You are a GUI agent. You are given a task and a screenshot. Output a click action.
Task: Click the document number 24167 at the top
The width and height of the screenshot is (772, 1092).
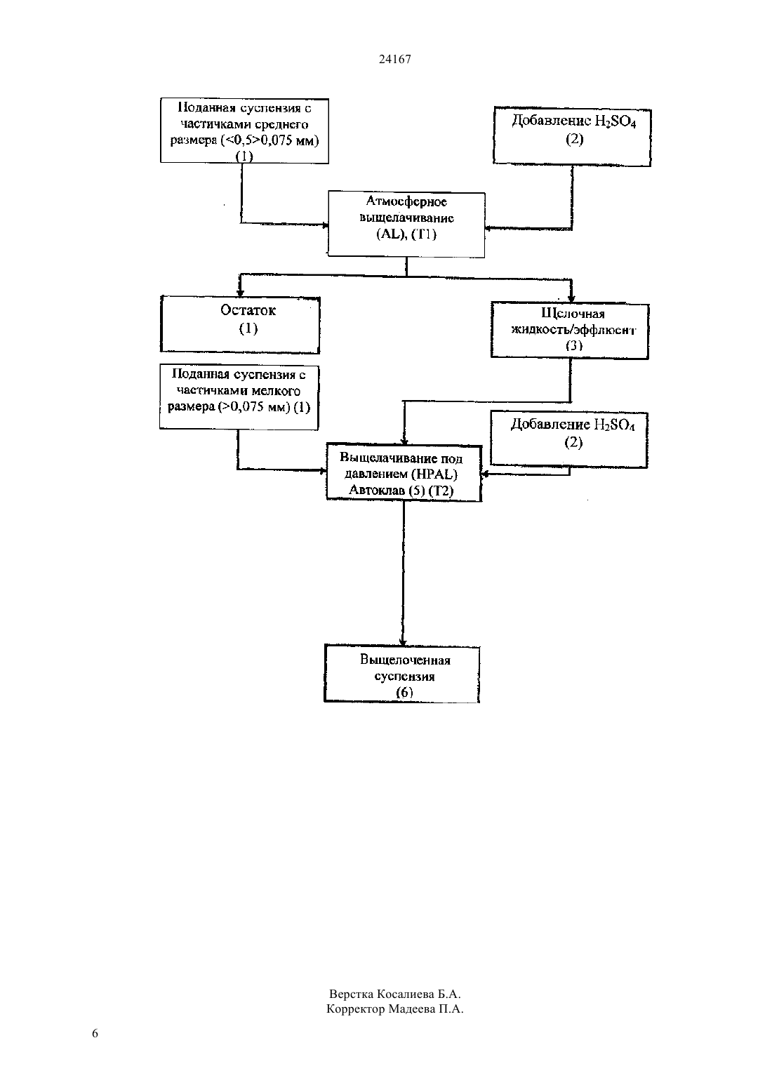pos(394,59)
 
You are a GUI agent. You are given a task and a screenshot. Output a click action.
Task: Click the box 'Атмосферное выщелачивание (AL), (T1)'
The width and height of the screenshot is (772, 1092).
pos(406,225)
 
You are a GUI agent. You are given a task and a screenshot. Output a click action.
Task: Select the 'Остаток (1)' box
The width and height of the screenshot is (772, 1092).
pos(240,324)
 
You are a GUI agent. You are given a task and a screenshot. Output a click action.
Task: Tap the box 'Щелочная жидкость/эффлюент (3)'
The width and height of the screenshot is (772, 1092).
pos(570,331)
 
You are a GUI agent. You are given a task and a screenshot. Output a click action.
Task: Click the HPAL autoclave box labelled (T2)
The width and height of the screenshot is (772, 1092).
pos(404,472)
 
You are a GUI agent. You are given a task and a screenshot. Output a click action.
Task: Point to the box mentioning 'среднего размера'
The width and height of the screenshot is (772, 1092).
pos(244,131)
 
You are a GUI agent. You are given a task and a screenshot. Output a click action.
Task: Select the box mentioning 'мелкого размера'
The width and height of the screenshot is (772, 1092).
pos(239,397)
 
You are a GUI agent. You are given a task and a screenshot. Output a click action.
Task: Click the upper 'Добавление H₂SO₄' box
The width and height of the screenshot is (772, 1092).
pos(572,137)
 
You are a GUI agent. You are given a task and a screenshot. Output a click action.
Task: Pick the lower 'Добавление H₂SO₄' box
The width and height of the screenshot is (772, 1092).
pos(568,439)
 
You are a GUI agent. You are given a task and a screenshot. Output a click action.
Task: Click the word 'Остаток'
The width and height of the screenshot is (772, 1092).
pos(248,310)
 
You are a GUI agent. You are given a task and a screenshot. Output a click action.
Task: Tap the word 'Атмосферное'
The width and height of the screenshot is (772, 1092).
pos(406,201)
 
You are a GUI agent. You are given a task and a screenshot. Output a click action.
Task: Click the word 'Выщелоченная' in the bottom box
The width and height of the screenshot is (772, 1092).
pos(405,660)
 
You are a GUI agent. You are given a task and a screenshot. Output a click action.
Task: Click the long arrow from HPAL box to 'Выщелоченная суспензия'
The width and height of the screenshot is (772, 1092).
pos(403,573)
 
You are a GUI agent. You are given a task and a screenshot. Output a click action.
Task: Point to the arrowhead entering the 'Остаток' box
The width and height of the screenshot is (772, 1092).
pos(240,291)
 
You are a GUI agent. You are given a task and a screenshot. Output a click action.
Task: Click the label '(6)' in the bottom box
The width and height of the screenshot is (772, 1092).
pos(404,692)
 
